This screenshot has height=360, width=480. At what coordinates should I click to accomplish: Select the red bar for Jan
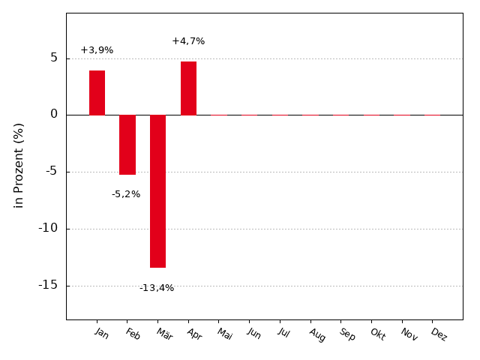97,93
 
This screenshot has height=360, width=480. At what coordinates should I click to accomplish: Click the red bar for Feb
127,145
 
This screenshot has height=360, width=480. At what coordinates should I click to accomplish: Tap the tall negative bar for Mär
157,191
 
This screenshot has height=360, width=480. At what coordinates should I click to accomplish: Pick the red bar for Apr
188,88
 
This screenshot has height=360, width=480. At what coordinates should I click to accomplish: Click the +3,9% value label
97,50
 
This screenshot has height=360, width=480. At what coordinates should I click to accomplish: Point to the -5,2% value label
126,194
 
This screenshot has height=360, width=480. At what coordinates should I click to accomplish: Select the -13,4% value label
157,288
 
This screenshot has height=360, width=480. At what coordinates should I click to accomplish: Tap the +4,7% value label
188,41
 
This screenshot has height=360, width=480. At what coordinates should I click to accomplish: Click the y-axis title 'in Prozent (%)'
19,165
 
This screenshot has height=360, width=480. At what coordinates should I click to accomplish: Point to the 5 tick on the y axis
54,58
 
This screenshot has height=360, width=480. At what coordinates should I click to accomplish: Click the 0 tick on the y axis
54,115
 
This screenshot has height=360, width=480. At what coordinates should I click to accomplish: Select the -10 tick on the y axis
48,228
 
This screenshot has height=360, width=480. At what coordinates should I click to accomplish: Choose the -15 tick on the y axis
48,285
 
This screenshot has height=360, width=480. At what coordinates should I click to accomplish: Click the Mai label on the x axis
225,334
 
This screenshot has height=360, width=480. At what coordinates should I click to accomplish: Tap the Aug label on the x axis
317,334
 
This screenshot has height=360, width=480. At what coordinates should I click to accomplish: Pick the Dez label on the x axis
439,334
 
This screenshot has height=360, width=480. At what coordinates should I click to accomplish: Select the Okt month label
377,334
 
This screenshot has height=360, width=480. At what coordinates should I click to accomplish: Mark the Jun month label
254,334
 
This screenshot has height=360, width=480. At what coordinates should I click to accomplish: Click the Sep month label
347,334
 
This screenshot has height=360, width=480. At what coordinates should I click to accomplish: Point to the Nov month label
409,334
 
